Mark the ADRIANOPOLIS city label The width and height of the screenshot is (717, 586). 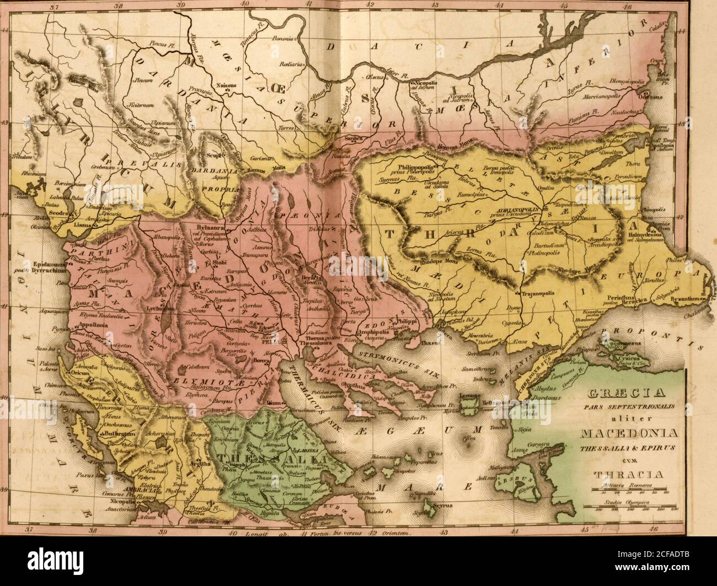coord(519,211)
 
